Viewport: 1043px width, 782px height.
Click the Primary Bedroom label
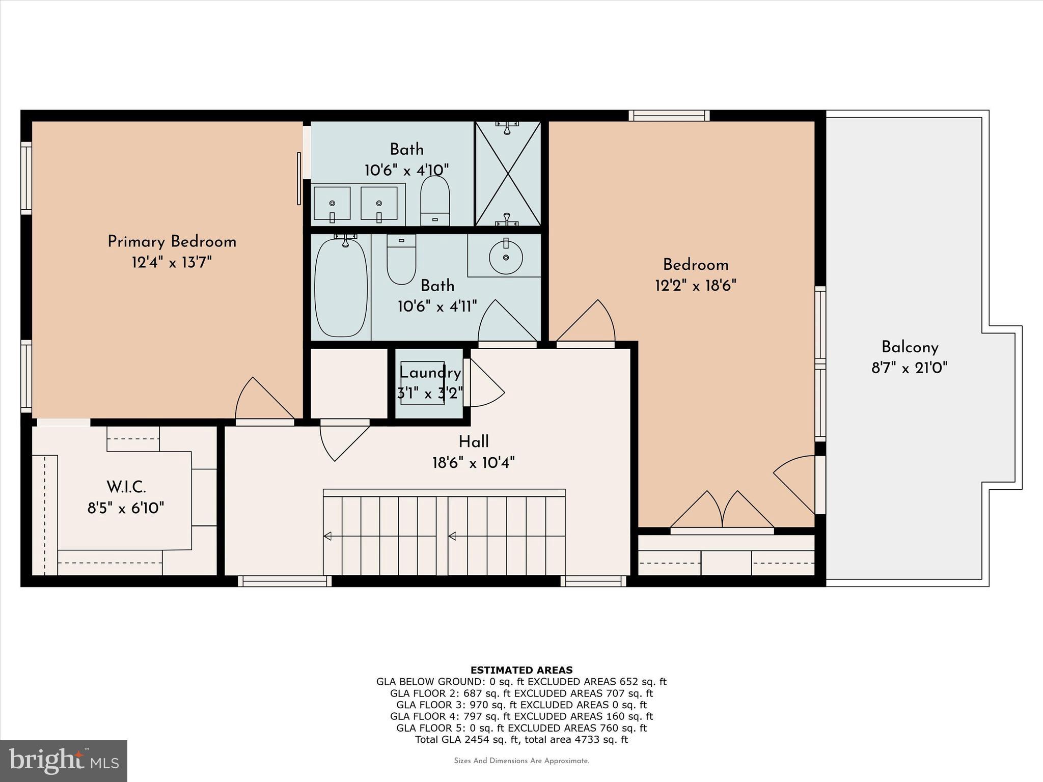[172, 242]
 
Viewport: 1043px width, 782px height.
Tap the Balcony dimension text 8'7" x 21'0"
[909, 368]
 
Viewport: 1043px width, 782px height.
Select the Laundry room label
[430, 373]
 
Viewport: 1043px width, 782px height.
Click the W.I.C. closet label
[126, 487]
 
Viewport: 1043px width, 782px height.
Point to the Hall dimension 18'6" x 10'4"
[474, 463]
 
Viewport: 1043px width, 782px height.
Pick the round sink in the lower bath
[505, 257]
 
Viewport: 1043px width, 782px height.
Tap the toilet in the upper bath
[435, 200]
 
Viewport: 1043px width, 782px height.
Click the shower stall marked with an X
[508, 174]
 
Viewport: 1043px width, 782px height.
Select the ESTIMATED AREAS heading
[521, 670]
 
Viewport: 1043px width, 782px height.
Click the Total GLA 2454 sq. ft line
[521, 740]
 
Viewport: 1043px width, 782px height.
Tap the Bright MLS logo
[64, 761]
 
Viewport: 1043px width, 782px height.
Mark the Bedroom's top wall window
[669, 116]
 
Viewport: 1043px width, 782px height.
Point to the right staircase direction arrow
[452, 536]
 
